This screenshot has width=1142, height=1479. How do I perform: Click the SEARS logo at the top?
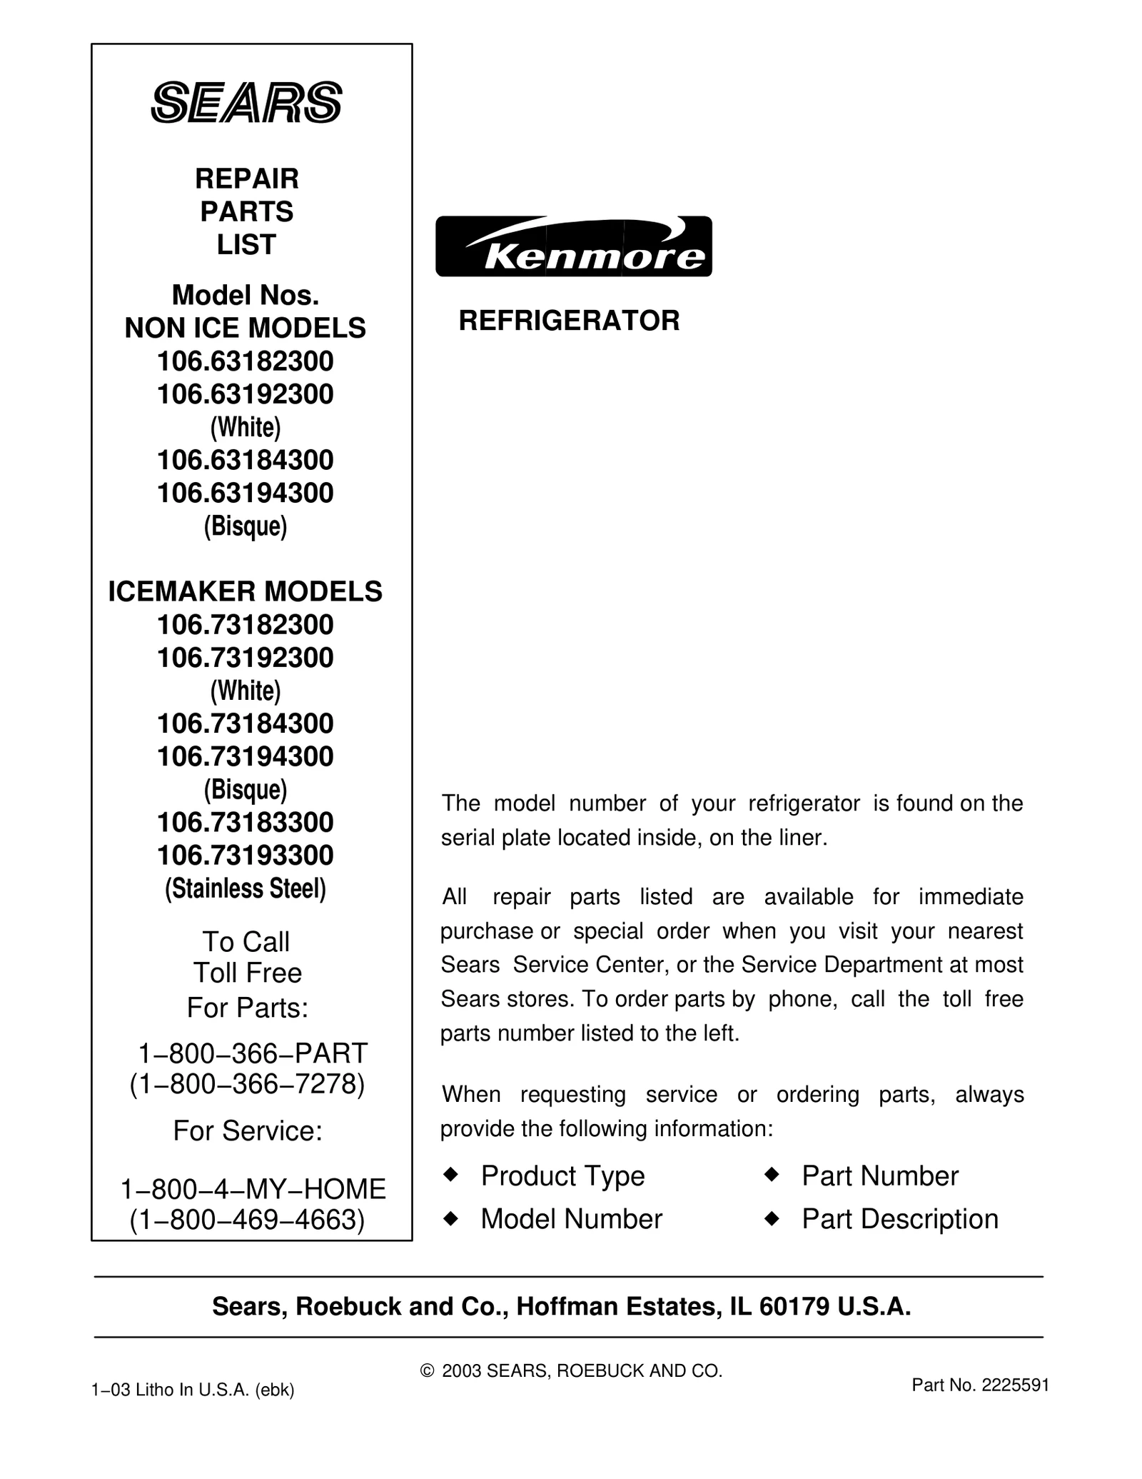click(x=246, y=103)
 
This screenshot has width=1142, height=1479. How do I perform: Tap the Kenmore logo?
click(x=573, y=246)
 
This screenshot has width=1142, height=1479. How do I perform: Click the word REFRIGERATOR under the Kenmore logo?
click(x=569, y=321)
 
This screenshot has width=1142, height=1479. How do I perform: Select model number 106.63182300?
click(x=246, y=361)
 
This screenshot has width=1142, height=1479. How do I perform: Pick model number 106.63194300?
click(x=246, y=493)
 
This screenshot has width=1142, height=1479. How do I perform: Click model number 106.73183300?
click(x=246, y=822)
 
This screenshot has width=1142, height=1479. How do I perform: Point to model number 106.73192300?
click(x=246, y=658)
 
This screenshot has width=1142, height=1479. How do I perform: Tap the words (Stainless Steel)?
click(x=246, y=888)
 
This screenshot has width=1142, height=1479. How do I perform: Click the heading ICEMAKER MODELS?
click(x=246, y=591)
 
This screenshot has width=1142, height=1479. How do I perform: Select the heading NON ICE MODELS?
click(x=246, y=329)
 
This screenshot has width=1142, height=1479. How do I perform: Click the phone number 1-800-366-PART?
click(x=252, y=1053)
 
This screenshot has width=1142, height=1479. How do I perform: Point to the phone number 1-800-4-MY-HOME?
click(x=253, y=1189)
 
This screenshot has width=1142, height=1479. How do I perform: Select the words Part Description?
click(x=900, y=1219)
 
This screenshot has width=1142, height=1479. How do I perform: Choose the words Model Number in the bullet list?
click(x=571, y=1219)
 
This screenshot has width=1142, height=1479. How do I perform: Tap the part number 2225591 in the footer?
click(x=1015, y=1385)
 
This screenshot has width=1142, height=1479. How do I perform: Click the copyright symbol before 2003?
click(x=428, y=1371)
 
